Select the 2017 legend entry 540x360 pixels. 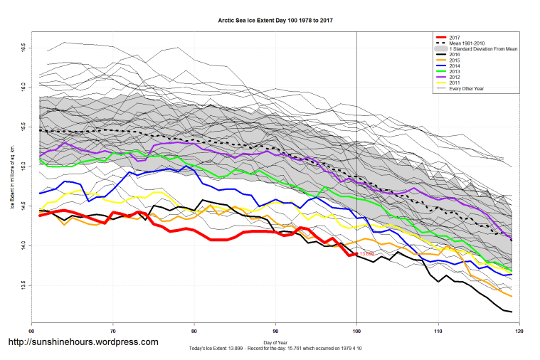click(x=455, y=37)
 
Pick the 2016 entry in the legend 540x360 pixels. click(x=455, y=53)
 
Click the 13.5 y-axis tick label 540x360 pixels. click(x=23, y=285)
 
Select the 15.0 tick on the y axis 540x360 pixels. click(x=23, y=166)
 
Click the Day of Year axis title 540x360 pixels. click(x=275, y=342)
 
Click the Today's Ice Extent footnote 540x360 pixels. click(x=275, y=348)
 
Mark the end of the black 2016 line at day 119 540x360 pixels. click(x=512, y=312)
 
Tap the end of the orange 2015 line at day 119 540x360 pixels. click(x=512, y=296)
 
